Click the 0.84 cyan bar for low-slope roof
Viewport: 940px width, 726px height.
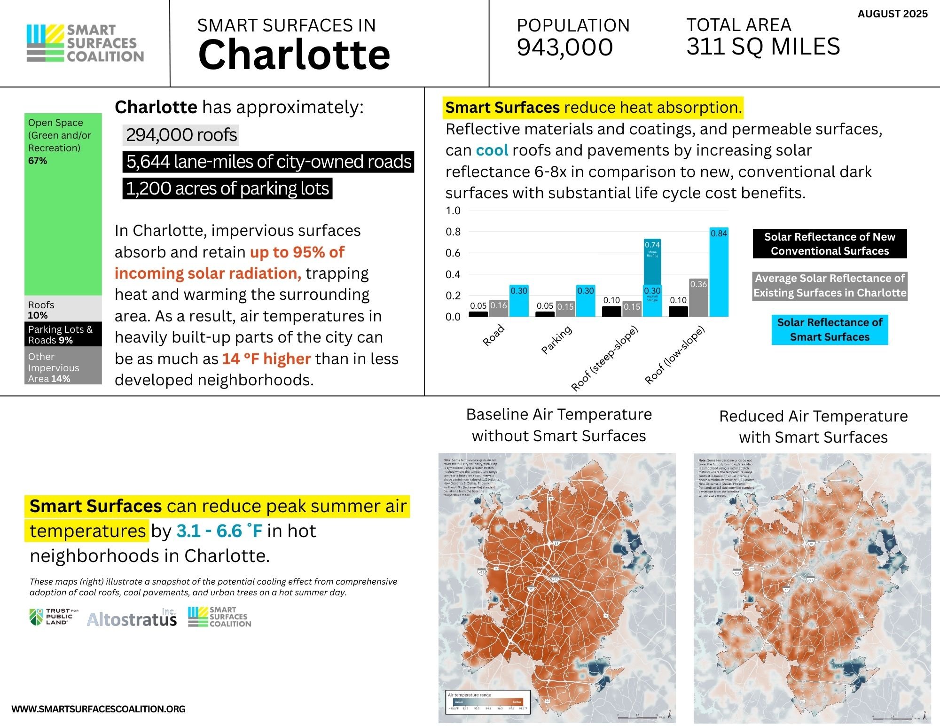tap(719, 273)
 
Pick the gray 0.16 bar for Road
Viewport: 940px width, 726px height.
tap(498, 309)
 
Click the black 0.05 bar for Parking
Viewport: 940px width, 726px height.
tap(545, 314)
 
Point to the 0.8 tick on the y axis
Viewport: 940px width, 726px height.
tap(453, 232)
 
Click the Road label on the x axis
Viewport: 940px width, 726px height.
tap(493, 336)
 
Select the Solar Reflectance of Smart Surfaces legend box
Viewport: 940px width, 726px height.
tap(830, 330)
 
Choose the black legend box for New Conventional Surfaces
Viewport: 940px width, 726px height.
tap(830, 243)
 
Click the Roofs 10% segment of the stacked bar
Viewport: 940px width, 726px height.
tap(63, 310)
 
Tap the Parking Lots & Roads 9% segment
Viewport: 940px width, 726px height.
tap(63, 334)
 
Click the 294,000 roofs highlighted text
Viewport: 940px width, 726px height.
tap(181, 135)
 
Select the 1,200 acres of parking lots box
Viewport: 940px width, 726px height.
tap(227, 188)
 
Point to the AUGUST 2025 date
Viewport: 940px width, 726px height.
tap(892, 14)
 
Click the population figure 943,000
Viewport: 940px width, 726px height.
tap(564, 47)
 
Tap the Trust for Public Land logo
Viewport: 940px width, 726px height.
tap(54, 617)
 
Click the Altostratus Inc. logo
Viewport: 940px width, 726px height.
tap(132, 618)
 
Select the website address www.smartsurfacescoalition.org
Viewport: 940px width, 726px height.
tap(98, 709)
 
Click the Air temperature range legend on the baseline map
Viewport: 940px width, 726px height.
tap(488, 702)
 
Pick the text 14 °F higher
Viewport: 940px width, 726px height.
tap(266, 359)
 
